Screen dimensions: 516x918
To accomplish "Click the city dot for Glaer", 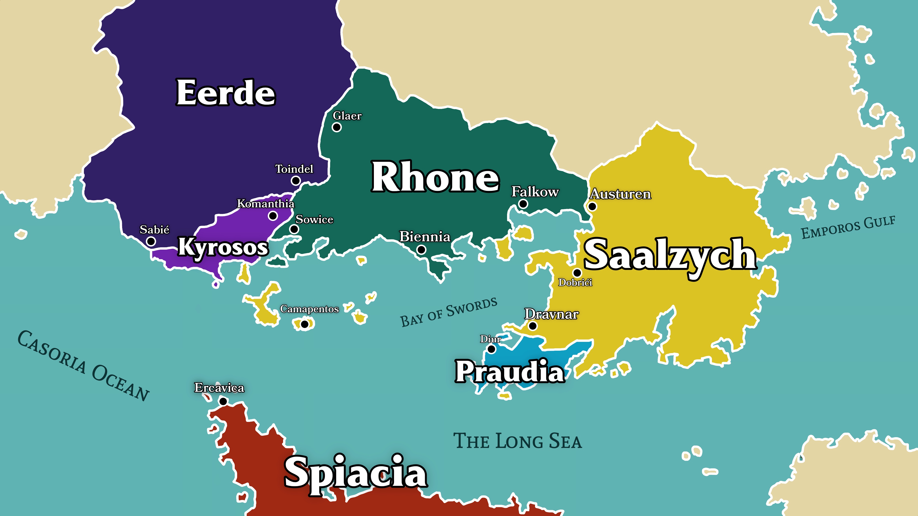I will tap(336, 127).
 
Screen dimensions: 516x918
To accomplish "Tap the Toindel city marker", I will tap(295, 181).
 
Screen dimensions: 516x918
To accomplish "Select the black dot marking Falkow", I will tap(523, 204).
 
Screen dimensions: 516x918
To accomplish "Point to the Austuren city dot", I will tap(592, 206).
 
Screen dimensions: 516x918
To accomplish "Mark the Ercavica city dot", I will tap(223, 401).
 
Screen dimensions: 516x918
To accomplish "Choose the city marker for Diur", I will tap(491, 349).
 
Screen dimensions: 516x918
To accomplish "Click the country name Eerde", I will tap(226, 93).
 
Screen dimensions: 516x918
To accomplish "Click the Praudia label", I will tap(510, 371).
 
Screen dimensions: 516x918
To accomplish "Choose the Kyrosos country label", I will tap(223, 247).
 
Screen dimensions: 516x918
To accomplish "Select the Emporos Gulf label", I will tap(848, 227).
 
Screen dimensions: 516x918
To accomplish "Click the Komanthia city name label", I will tap(266, 204).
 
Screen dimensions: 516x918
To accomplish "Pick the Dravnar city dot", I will tap(532, 325).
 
